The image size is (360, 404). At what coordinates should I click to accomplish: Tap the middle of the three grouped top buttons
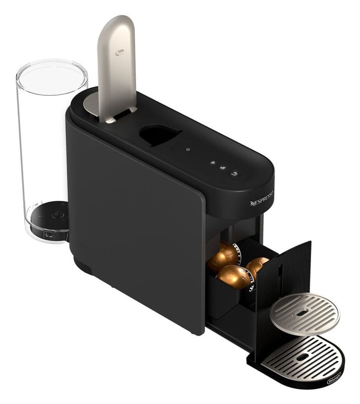[x=222, y=168]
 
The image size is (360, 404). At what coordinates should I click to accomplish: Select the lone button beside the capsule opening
[x=188, y=150]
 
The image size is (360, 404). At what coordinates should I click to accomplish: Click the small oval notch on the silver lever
[x=120, y=53]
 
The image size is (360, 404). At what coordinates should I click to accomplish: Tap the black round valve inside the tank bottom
[x=56, y=216]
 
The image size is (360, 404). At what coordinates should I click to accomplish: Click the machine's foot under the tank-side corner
[x=84, y=265]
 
